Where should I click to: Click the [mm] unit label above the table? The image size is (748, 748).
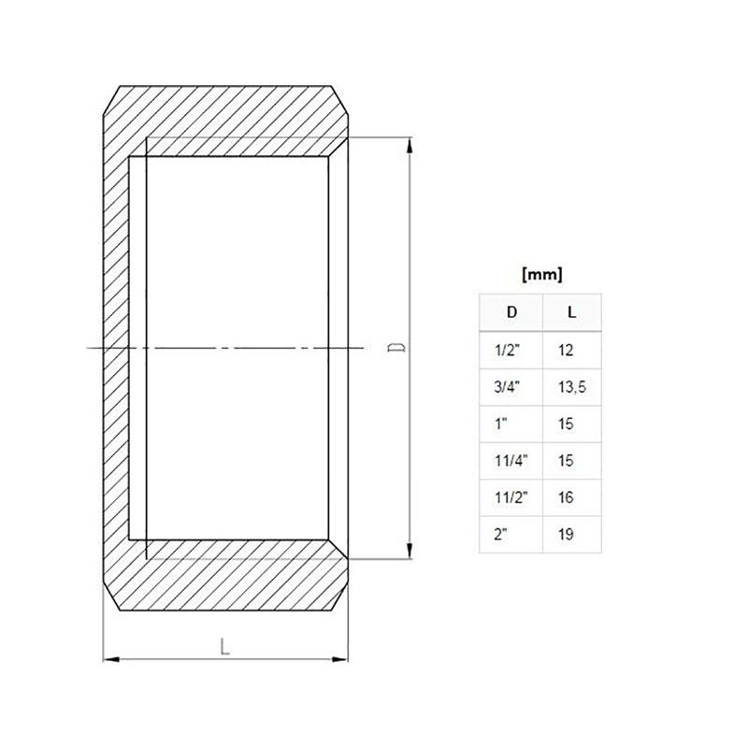[542, 275]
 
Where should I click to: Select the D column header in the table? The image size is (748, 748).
[511, 312]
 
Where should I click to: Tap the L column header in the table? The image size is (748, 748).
[571, 312]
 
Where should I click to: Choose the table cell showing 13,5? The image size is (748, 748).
[572, 387]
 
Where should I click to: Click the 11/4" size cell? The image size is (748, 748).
[511, 461]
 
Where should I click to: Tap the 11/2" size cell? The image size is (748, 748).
[511, 497]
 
